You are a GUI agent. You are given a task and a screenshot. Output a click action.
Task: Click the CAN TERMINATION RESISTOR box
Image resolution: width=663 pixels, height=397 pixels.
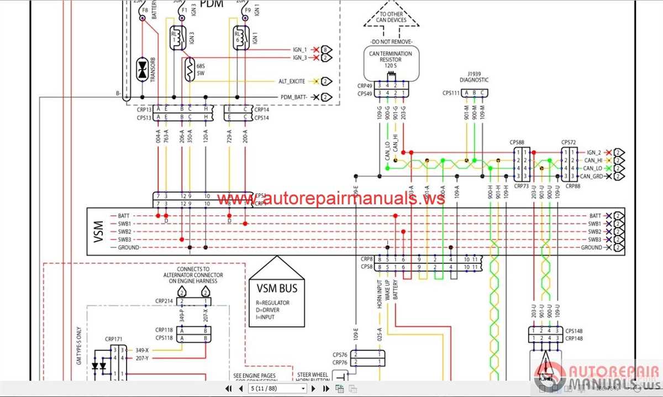(391, 62)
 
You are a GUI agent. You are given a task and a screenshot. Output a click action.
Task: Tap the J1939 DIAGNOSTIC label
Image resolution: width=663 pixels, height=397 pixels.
(474, 76)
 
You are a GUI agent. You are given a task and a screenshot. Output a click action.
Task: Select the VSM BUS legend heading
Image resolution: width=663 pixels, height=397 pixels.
(277, 288)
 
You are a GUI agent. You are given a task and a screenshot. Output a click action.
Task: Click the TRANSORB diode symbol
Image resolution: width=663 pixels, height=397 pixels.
(143, 70)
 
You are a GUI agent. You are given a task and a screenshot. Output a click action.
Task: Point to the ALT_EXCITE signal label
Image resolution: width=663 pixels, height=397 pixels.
(291, 81)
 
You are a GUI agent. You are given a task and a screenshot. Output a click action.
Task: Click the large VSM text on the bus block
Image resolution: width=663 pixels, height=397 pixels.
(99, 231)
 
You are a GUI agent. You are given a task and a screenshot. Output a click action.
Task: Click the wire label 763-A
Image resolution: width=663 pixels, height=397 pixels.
(166, 138)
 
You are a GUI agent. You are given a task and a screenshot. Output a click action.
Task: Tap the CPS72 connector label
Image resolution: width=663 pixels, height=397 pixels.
(569, 142)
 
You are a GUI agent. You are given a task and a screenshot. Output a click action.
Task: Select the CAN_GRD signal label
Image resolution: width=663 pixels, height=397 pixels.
(592, 176)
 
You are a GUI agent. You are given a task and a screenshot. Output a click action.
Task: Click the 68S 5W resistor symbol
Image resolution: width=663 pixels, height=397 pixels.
(190, 70)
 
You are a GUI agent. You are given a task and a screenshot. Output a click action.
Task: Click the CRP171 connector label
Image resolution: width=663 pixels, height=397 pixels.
(114, 338)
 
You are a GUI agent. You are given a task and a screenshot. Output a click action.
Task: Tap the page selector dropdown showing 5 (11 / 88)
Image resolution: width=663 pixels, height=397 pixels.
(278, 389)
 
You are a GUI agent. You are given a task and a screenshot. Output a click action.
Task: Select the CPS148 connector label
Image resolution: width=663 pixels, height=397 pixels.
(574, 331)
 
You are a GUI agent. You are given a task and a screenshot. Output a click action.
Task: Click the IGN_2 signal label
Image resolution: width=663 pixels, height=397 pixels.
(593, 152)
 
